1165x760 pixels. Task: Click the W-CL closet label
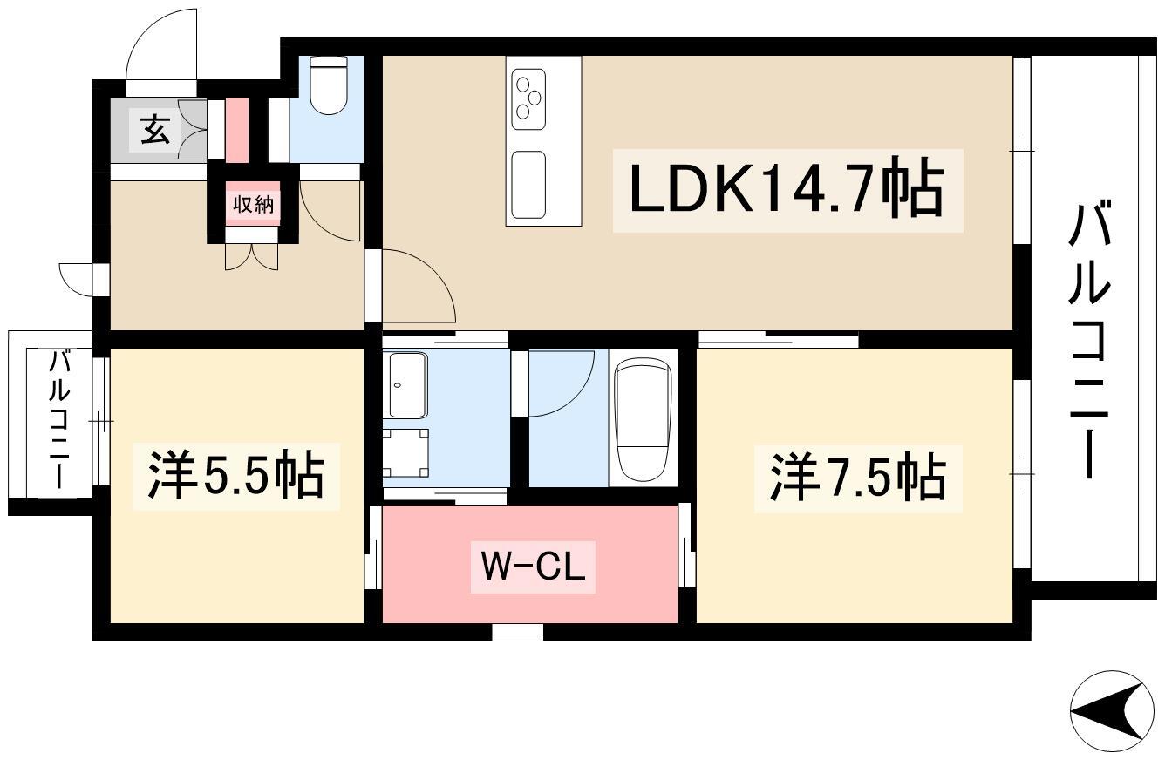tap(533, 568)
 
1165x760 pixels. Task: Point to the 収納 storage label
tap(253, 205)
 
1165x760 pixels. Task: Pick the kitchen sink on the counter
tap(528, 184)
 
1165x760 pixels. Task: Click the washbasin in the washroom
tap(407, 384)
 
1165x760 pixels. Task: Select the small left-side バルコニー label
tap(59, 422)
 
